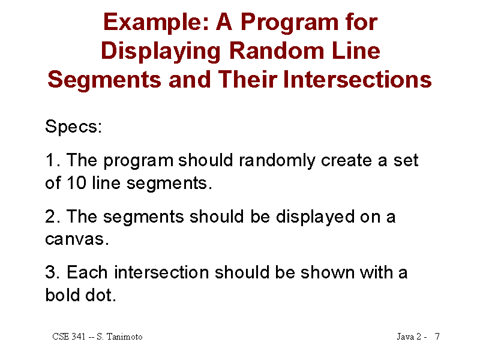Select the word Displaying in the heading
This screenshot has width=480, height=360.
coord(161,52)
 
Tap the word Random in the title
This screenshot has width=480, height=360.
coord(277,51)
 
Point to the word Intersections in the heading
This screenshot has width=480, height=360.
coord(357,80)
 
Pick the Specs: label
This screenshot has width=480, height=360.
coord(73,127)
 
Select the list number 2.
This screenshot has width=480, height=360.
coord(53,217)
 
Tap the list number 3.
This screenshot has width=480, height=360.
coord(53,272)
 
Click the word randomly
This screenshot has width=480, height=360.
coord(277,161)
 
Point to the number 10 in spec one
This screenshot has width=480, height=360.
coord(77,183)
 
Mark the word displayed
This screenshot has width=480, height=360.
coord(315,217)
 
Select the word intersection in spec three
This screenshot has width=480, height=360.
coord(161,272)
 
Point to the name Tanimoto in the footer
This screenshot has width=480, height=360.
coord(124,337)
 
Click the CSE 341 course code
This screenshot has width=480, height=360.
coord(69,337)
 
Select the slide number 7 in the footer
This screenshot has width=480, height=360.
coord(437,337)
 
